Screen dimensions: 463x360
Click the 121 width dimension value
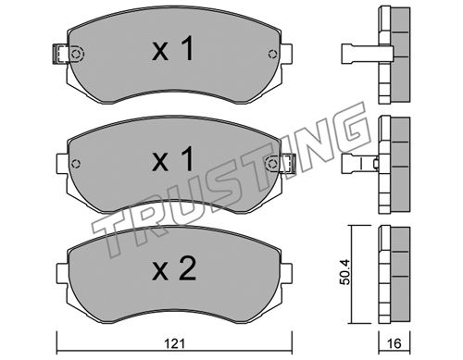click(174, 343)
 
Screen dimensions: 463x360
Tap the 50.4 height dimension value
click(345, 272)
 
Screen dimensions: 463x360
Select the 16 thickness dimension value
click(394, 343)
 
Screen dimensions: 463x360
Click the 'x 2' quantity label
click(174, 269)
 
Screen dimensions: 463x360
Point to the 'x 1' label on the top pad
click(173, 49)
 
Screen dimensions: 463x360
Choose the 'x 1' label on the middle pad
click(173, 159)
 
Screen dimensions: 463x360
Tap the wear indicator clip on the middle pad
click(288, 163)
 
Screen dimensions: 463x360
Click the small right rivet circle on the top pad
click(272, 54)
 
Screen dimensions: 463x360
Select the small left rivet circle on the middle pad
click(75, 164)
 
